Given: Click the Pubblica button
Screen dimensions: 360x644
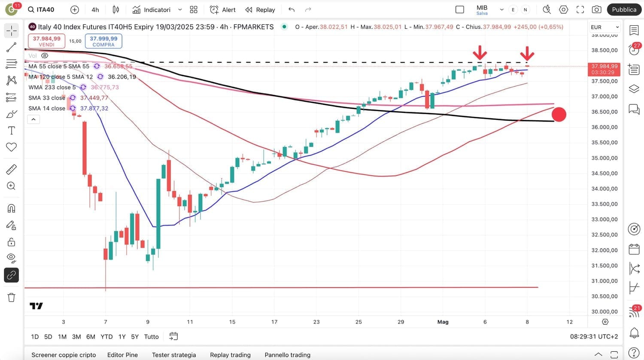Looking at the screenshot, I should point(624,9).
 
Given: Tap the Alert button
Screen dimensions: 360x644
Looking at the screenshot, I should point(222,9).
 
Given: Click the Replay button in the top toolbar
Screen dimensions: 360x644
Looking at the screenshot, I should point(260,9).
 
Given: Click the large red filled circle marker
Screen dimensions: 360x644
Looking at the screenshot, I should point(559,114).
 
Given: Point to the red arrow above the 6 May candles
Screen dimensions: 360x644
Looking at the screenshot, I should point(480,53).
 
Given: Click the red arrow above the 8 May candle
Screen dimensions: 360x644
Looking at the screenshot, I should point(527,53).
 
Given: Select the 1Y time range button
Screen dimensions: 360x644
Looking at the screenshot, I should point(122,336).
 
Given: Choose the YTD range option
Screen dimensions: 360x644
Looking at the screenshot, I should point(106,336).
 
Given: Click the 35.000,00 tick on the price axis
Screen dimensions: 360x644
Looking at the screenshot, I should point(605,158).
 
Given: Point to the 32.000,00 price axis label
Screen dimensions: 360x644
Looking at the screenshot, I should point(605,250).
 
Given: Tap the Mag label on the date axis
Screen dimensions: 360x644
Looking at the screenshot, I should point(443,322).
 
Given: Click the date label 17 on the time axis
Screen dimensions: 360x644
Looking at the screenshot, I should point(274,322).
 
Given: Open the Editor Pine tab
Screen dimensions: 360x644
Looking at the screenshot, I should point(122,355).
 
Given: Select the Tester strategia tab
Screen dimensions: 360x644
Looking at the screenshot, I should point(174,355).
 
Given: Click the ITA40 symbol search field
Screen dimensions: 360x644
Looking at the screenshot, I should point(41,9).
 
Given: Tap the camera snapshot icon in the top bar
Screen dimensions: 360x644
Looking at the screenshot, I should point(596,9).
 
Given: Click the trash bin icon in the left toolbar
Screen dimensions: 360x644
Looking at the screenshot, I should point(12,297).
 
